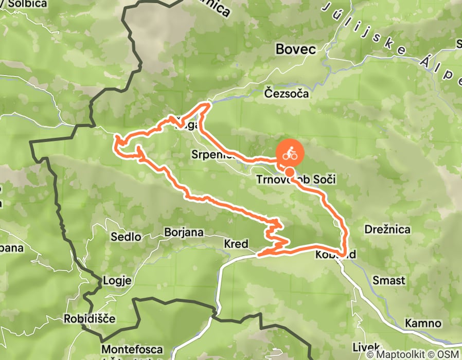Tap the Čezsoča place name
(286, 94)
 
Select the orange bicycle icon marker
(290, 153)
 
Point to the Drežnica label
(387, 229)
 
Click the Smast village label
(389, 281)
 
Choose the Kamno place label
(423, 323)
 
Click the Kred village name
(236, 244)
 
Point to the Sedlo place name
(126, 237)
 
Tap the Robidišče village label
(90, 318)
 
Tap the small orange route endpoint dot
(290, 172)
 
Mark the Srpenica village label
(212, 154)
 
